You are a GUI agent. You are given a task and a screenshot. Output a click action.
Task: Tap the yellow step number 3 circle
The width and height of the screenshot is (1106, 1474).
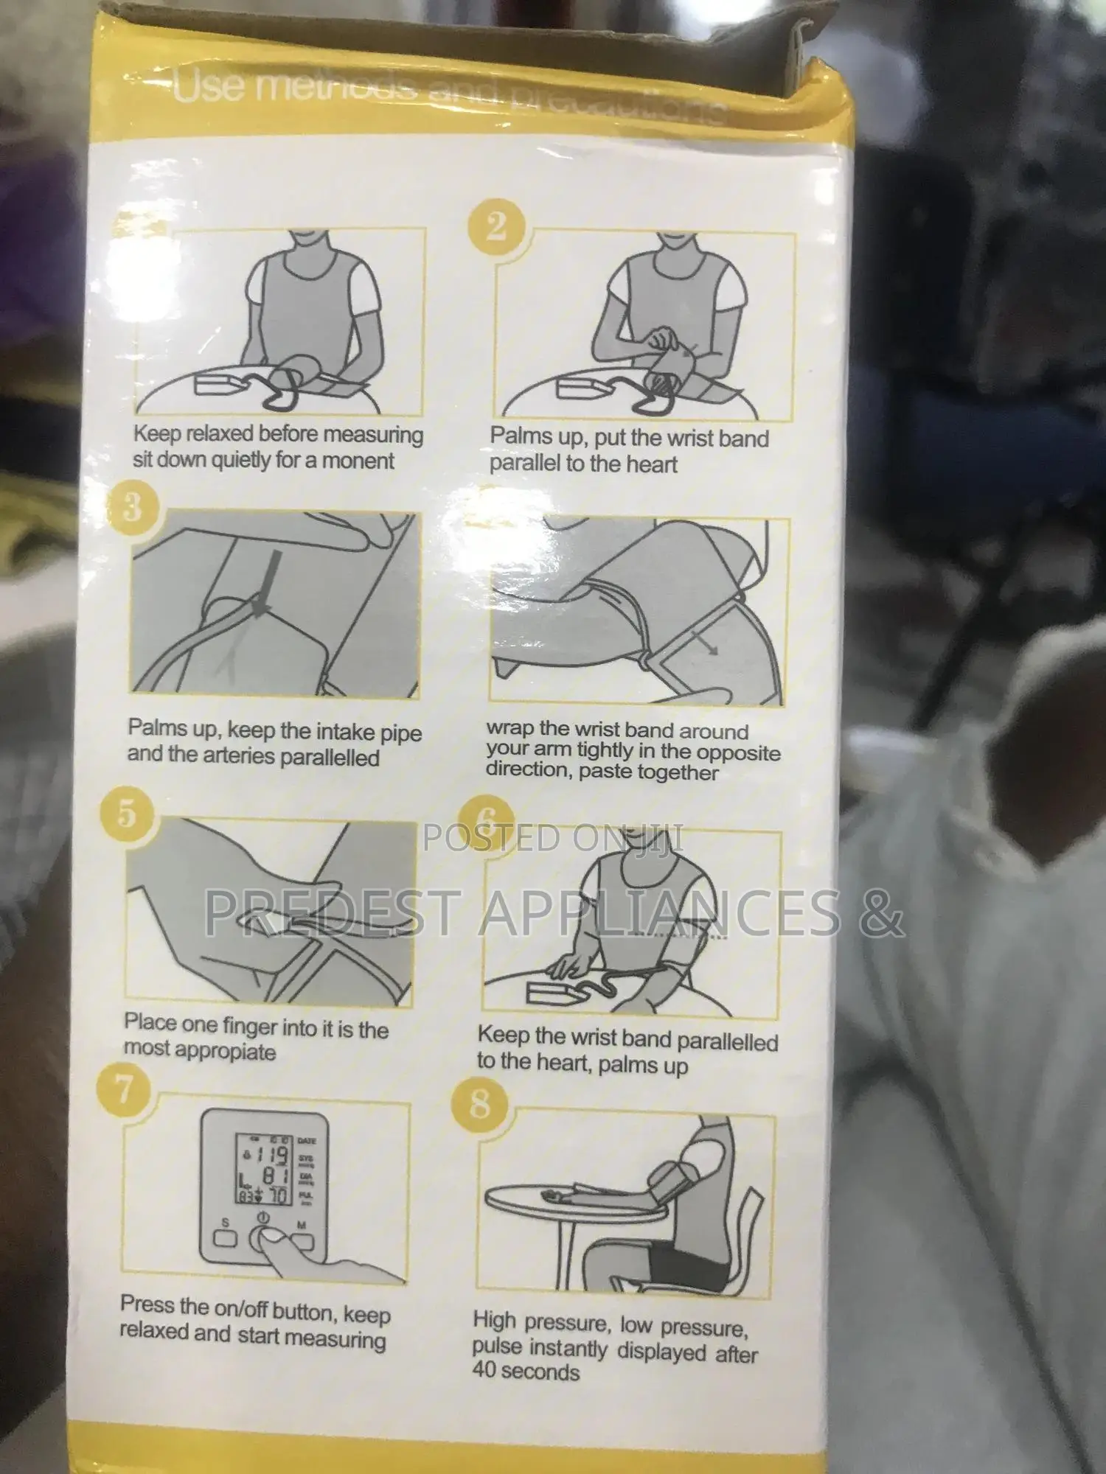[x=133, y=508]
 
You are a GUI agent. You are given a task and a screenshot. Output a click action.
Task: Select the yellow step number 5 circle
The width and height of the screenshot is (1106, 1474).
[x=126, y=815]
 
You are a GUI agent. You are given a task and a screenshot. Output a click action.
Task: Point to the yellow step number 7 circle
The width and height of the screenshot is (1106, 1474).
[x=124, y=1088]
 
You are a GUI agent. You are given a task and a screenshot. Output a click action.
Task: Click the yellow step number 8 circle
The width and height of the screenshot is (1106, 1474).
[x=480, y=1104]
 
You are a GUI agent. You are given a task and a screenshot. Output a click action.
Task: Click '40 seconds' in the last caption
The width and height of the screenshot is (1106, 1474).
[x=526, y=1372]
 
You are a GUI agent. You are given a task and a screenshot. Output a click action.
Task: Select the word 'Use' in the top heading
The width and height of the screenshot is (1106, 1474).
[x=209, y=85]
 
